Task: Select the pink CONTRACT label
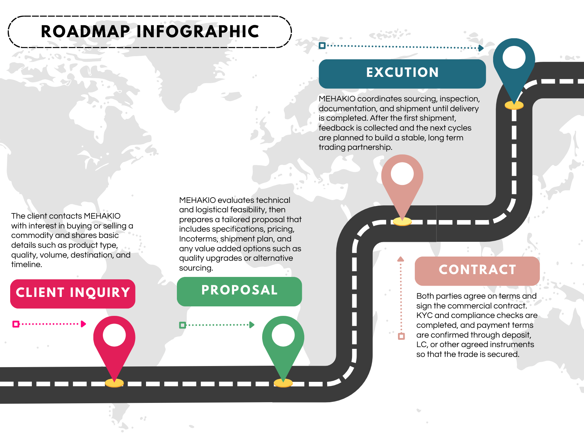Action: (477, 271)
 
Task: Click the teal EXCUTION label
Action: (402, 73)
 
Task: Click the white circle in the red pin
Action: (114, 335)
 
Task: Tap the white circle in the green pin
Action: (283, 335)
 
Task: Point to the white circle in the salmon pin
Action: (402, 174)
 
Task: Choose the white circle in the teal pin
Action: (514, 58)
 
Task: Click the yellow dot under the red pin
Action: (114, 383)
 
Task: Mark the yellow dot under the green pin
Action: (283, 383)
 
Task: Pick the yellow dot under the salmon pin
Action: (402, 221)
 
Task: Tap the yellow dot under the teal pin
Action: (514, 105)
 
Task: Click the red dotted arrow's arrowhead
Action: (84, 324)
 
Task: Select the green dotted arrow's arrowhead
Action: (252, 325)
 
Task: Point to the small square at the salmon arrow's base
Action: (401, 336)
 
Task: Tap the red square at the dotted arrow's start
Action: (16, 324)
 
